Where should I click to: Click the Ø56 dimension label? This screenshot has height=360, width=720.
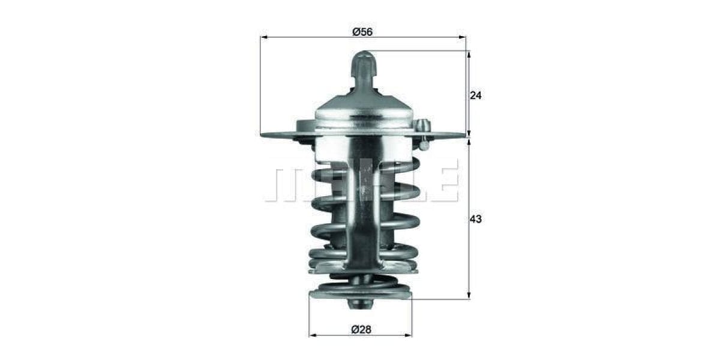[362, 32]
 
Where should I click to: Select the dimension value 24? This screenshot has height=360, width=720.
[476, 95]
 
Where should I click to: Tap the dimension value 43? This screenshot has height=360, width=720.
[476, 220]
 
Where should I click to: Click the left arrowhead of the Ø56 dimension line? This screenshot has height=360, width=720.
[263, 37]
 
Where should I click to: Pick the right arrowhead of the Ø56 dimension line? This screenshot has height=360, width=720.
[463, 37]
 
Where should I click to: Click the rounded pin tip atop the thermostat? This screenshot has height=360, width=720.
[364, 59]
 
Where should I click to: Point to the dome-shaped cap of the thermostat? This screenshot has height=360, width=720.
[364, 108]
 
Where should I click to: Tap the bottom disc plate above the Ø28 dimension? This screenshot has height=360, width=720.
[360, 294]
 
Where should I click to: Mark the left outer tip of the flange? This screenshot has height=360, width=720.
[263, 134]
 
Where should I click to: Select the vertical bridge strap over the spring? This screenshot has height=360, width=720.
[362, 204]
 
